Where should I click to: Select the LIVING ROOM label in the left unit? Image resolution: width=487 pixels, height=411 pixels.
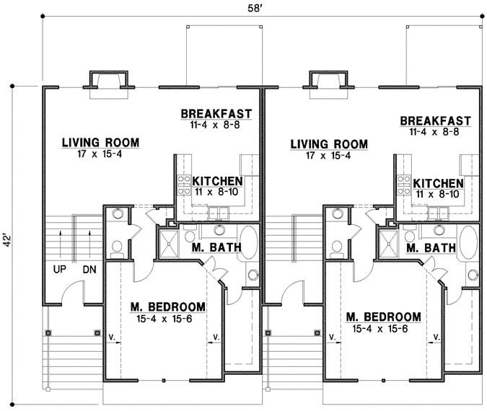tap(100, 142)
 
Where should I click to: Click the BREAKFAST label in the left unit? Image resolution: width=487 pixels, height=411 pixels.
tap(216, 114)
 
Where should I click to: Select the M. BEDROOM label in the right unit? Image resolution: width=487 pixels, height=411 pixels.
tap(383, 317)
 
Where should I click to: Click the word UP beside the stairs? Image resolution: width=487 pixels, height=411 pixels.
tap(60, 268)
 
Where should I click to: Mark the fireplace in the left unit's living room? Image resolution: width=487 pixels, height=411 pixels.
tap(108, 81)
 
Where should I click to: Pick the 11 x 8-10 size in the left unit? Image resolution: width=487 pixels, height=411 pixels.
tap(216, 194)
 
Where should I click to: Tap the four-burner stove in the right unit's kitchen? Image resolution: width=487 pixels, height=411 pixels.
tap(401, 185)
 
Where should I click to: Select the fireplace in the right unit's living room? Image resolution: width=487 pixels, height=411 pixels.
tap(328, 81)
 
